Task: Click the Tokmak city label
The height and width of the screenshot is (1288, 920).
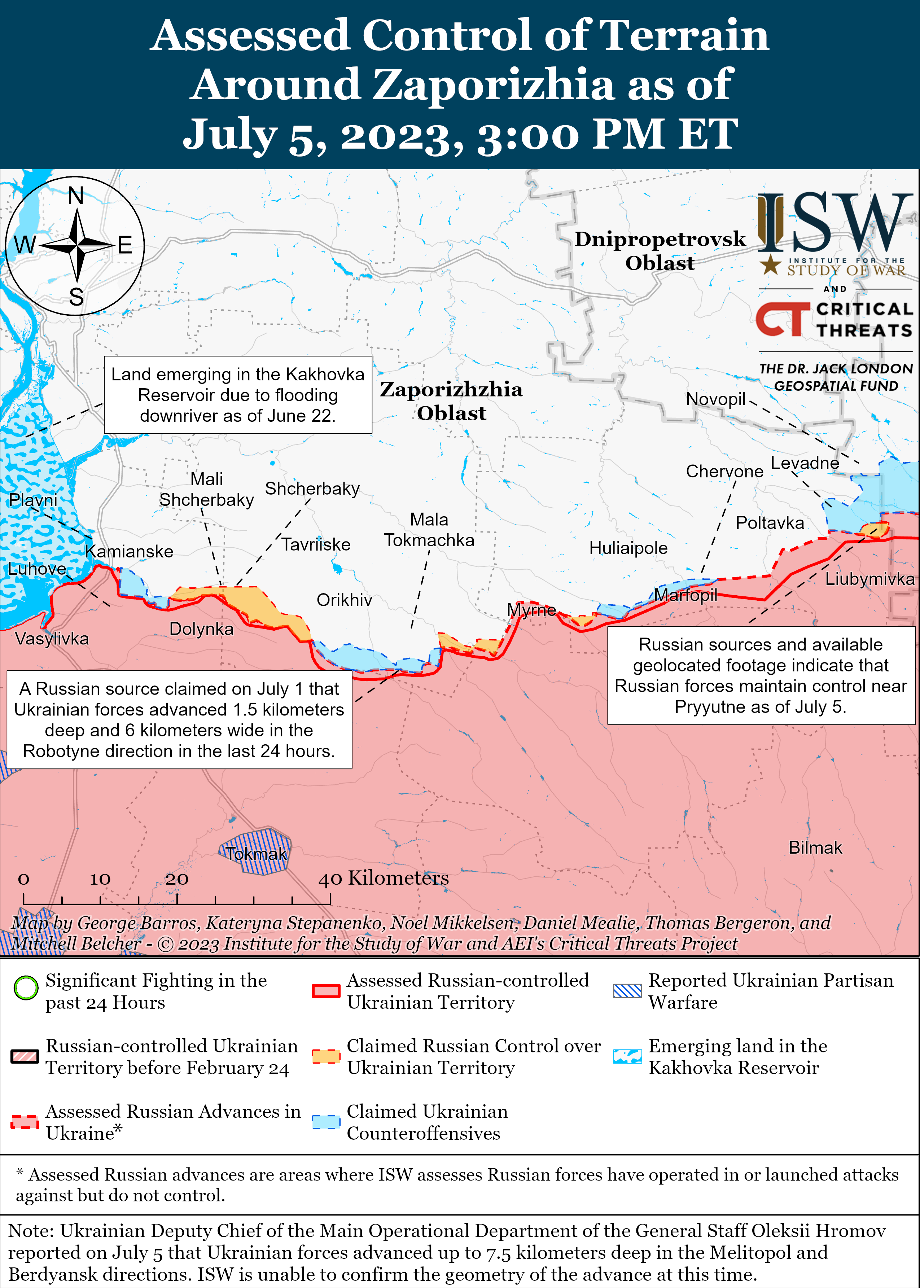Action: pos(256,854)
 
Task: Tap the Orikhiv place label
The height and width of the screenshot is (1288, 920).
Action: pos(345,600)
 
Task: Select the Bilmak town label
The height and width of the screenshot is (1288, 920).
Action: pos(815,847)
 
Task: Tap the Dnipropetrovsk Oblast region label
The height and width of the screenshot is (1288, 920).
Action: pos(660,251)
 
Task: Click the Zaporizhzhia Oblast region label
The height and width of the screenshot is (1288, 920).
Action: pos(451,401)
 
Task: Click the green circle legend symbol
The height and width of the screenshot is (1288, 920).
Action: pos(26,988)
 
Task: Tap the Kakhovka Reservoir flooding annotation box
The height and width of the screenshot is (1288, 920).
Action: pos(238,395)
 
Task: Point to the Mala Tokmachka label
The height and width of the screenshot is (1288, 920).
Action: pos(429,530)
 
